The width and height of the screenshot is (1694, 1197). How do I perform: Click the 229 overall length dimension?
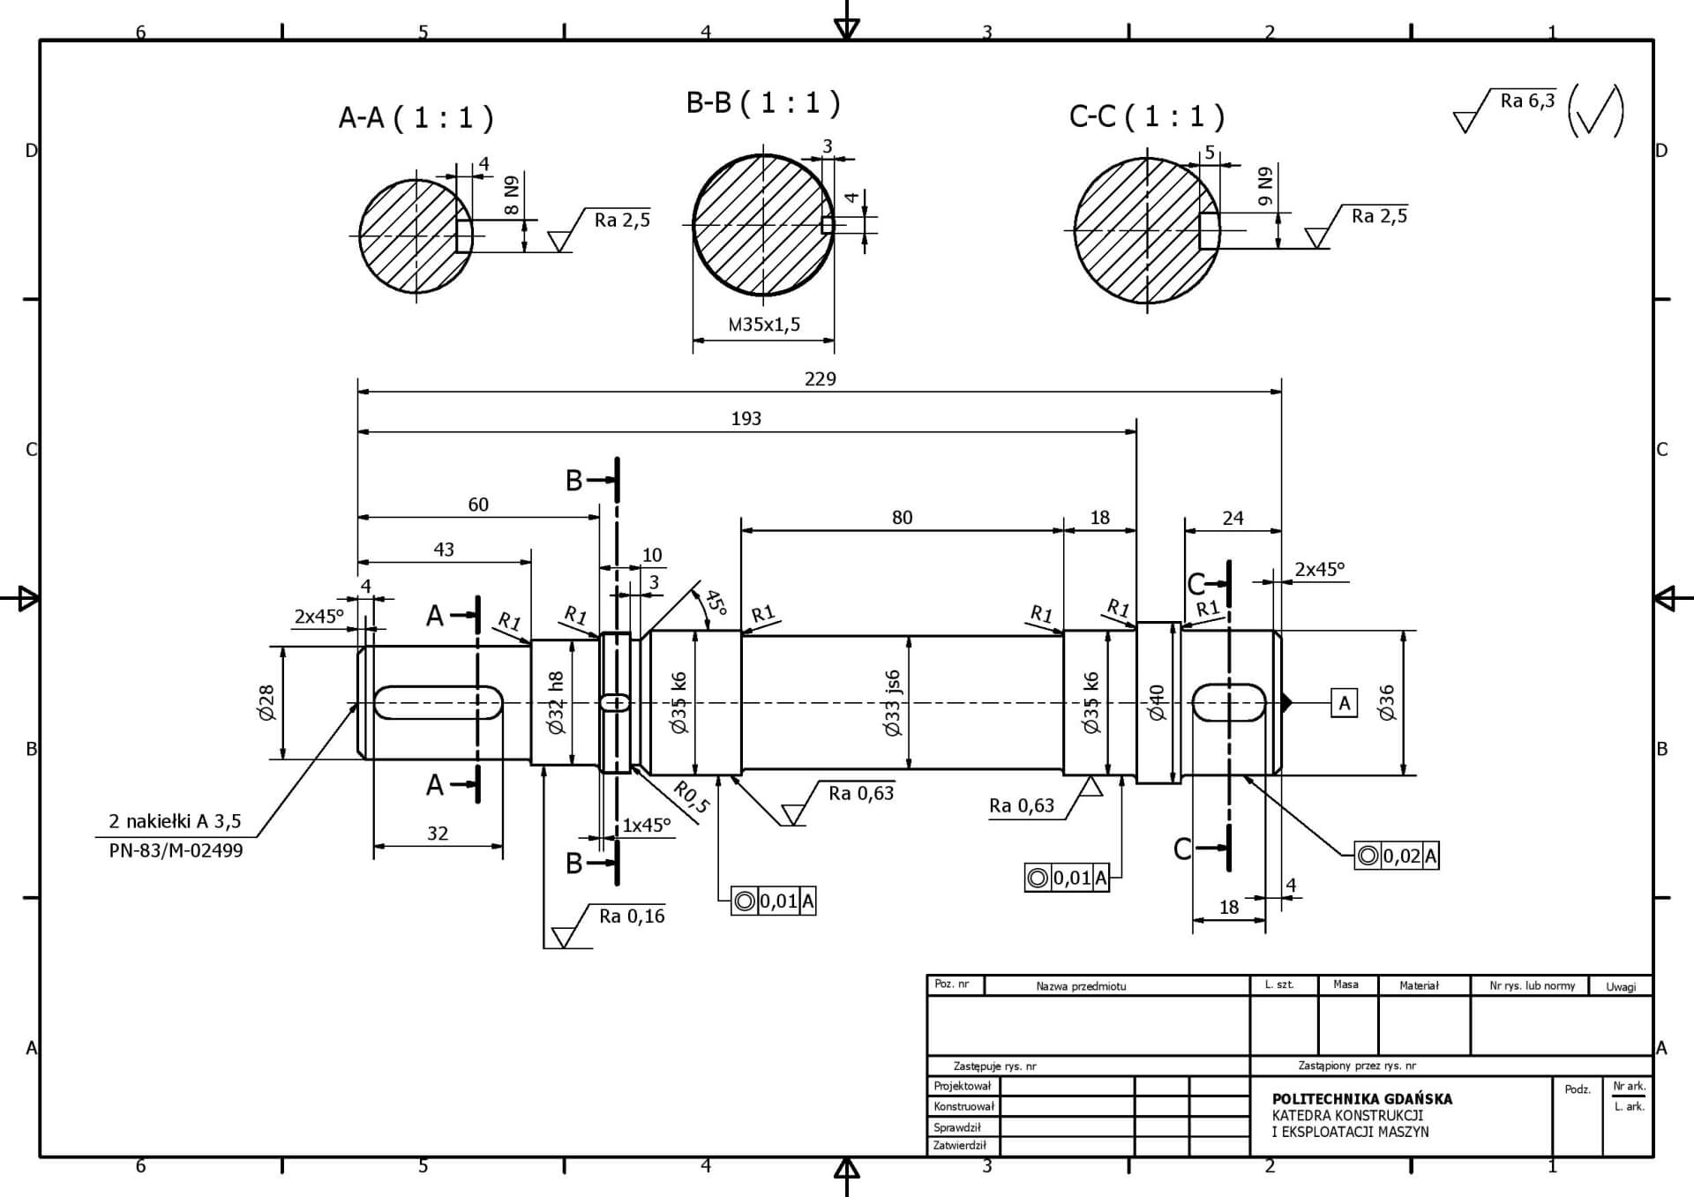[820, 379]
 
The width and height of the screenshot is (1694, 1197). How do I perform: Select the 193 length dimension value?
[746, 419]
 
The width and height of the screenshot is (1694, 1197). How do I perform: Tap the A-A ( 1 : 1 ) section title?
[416, 117]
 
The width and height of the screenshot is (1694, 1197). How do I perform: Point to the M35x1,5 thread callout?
[764, 325]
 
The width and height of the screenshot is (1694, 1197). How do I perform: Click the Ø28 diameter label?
[266, 703]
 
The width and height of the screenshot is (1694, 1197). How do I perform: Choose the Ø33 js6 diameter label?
[893, 703]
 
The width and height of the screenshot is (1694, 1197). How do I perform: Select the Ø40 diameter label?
[1157, 703]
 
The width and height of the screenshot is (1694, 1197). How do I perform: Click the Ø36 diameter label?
[1386, 703]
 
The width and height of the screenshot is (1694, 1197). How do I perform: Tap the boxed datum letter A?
[1344, 703]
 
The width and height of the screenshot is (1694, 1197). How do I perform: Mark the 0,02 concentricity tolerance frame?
[1397, 856]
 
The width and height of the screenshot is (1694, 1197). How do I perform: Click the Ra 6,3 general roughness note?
[1527, 101]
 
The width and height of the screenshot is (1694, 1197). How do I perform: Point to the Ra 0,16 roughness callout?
[632, 916]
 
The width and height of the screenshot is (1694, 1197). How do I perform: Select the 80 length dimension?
[902, 518]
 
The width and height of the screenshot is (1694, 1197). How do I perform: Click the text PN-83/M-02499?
[176, 851]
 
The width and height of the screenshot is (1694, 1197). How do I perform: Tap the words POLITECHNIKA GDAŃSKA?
[1361, 1099]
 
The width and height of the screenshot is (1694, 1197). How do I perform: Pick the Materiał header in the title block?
[1419, 985]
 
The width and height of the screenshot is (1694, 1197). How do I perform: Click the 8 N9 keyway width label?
[512, 196]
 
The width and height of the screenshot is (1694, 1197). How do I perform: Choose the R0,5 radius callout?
[692, 797]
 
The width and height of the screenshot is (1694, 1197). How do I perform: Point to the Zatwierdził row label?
[960, 1146]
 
